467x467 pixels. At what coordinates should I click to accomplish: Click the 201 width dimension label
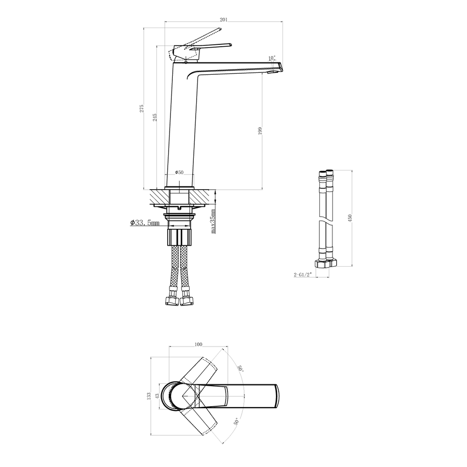coord(224,20)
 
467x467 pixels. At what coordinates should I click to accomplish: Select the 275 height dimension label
coord(142,108)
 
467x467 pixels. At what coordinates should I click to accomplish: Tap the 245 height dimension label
coord(155,117)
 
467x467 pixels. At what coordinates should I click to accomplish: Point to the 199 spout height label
coord(260,131)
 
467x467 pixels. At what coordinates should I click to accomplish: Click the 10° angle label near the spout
coord(272,57)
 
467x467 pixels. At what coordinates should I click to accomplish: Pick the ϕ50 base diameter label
coord(179,172)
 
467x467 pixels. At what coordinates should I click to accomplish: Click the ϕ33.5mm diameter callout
coord(145,222)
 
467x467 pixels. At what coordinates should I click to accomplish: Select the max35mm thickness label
coord(213,221)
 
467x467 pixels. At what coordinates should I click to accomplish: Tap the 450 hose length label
coord(350,218)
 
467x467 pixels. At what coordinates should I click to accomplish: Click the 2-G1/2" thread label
coord(303,275)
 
